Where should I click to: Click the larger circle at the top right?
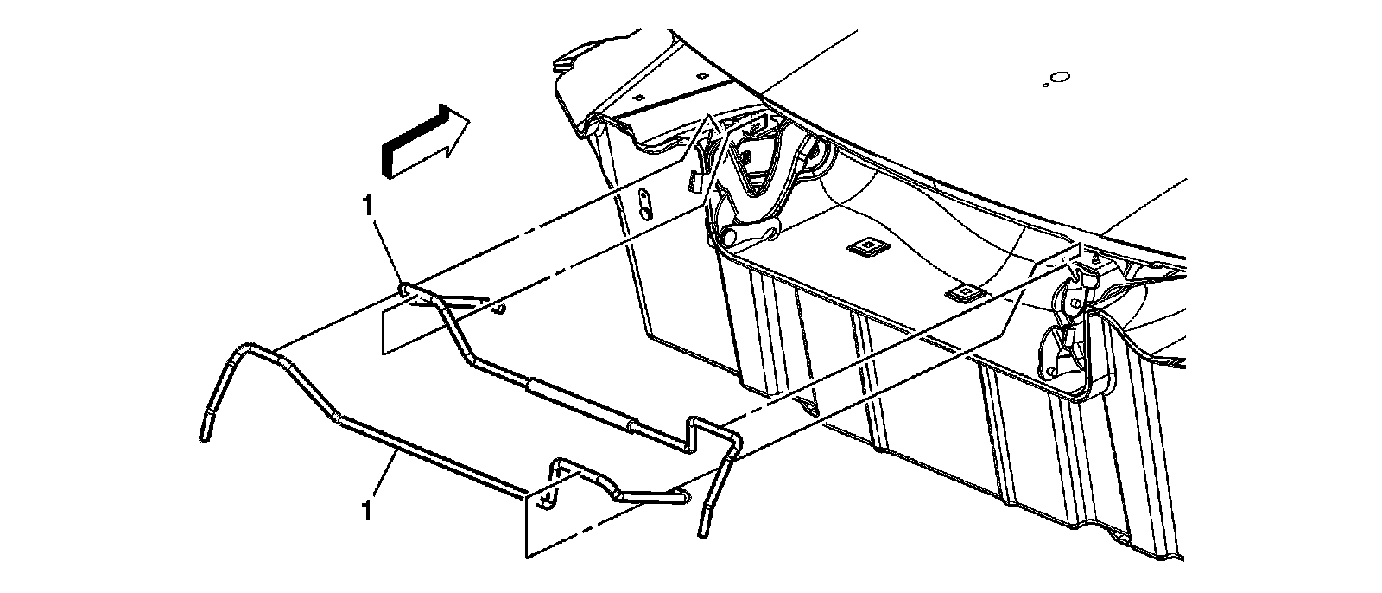[1062, 78]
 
